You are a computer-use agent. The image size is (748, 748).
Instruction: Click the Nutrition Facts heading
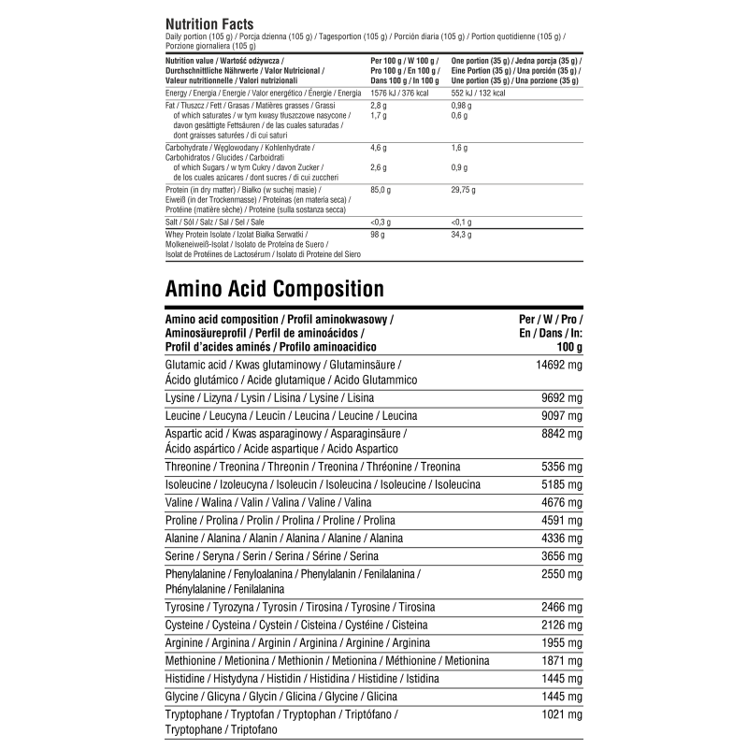(x=209, y=23)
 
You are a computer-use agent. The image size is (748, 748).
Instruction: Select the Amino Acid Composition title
(x=274, y=288)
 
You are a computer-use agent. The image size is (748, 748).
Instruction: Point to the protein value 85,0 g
(x=381, y=190)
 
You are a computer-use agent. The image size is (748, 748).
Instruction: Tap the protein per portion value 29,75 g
(x=463, y=190)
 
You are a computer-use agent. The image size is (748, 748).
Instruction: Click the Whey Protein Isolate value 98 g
(x=378, y=234)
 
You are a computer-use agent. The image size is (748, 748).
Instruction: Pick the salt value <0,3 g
(x=381, y=222)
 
